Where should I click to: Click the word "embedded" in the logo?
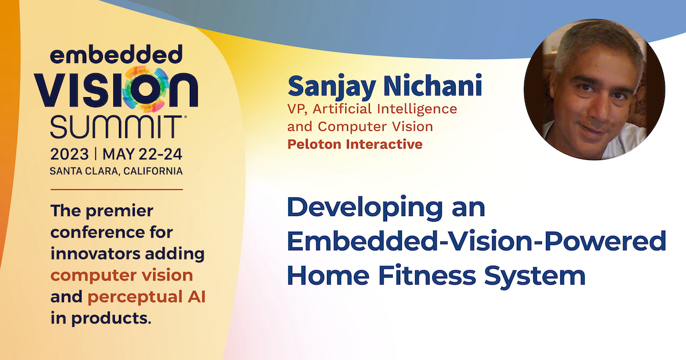pyautogui.click(x=117, y=54)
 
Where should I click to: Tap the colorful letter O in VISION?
pyautogui.click(x=145, y=89)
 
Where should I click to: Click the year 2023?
pyautogui.click(x=70, y=154)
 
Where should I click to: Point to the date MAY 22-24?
pyautogui.click(x=142, y=154)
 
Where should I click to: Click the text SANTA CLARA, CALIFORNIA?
pyautogui.click(x=117, y=171)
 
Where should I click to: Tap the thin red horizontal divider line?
pyautogui.click(x=117, y=190)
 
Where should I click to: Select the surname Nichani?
pyautogui.click(x=433, y=85)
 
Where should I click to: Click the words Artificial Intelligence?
pyautogui.click(x=385, y=109)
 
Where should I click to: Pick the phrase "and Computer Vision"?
pyautogui.click(x=360, y=126)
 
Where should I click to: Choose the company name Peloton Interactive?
pyautogui.click(x=355, y=144)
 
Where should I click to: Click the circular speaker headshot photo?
pyautogui.click(x=594, y=89)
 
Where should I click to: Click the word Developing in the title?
pyautogui.click(x=365, y=208)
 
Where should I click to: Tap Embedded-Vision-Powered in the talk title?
pyautogui.click(x=477, y=241)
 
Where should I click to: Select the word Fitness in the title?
pyautogui.click(x=427, y=275)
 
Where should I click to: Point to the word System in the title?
pyautogui.click(x=535, y=276)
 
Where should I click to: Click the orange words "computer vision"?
pyautogui.click(x=122, y=275)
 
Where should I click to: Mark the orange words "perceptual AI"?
pyautogui.click(x=146, y=297)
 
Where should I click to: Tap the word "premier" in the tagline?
pyautogui.click(x=119, y=211)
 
